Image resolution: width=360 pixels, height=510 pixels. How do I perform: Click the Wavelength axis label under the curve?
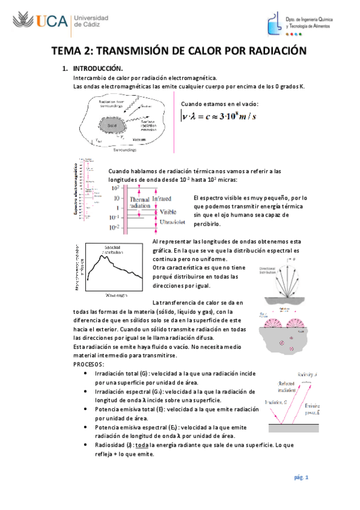coord(114,295)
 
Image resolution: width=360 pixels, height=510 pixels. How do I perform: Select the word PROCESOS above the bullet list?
coord(89,365)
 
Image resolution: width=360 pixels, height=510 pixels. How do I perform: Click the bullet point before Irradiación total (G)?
coord(90,374)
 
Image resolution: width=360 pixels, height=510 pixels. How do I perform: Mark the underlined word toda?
coord(141,445)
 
